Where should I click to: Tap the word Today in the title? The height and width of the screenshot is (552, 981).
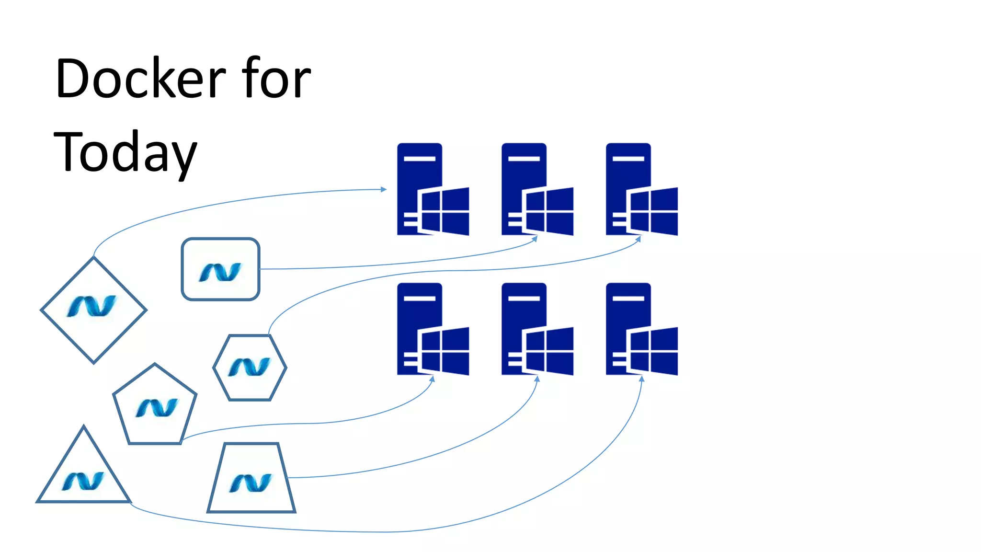click(x=125, y=152)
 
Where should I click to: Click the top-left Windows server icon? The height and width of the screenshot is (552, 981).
click(x=433, y=189)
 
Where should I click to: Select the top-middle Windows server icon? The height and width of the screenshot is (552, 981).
click(x=537, y=189)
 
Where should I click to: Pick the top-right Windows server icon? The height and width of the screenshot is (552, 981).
click(x=641, y=189)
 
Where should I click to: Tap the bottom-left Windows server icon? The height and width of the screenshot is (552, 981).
click(x=433, y=329)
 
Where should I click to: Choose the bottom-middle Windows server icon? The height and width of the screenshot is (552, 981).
click(x=537, y=329)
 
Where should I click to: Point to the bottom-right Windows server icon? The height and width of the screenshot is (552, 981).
click(x=641, y=329)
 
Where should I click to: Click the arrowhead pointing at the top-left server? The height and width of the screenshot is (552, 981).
click(x=384, y=189)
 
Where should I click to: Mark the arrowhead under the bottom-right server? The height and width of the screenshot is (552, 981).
click(x=642, y=379)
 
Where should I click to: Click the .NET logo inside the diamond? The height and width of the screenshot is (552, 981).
click(x=92, y=306)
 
